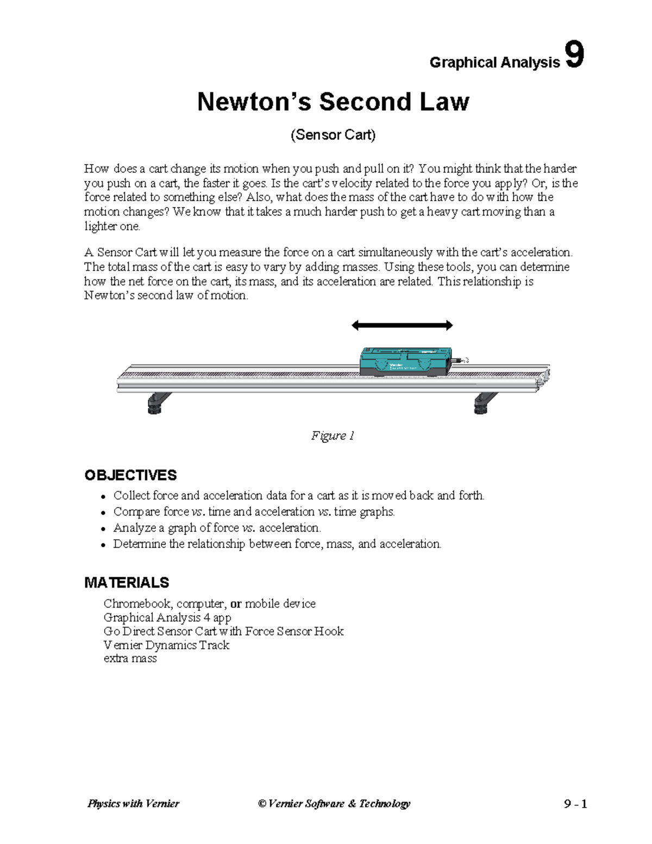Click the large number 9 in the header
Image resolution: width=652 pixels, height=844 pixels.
[574, 55]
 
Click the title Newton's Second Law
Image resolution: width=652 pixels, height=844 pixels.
[333, 102]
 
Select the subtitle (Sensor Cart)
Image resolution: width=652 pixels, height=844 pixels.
[333, 135]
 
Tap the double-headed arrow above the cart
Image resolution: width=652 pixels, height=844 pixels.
[402, 326]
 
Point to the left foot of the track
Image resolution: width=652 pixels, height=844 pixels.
[156, 403]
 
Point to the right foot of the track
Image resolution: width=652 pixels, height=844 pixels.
[483, 403]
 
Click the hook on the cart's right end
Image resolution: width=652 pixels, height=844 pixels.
[462, 360]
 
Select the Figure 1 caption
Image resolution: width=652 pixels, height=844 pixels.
[333, 435]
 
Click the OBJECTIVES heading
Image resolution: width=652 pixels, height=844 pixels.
[130, 475]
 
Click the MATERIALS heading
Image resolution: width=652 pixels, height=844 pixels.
[127, 583]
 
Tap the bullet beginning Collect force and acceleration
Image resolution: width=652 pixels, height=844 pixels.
[298, 496]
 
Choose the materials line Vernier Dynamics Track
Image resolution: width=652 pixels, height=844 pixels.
[166, 645]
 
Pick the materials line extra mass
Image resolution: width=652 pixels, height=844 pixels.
[130, 659]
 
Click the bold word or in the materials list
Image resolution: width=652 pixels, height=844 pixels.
[236, 604]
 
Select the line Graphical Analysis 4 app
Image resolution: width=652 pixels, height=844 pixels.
[167, 617]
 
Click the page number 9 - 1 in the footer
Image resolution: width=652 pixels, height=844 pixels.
[575, 804]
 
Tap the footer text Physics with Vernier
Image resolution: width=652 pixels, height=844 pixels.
[133, 804]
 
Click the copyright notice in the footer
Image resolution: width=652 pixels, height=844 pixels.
[334, 804]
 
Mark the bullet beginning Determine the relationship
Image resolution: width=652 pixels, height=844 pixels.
[277, 544]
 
